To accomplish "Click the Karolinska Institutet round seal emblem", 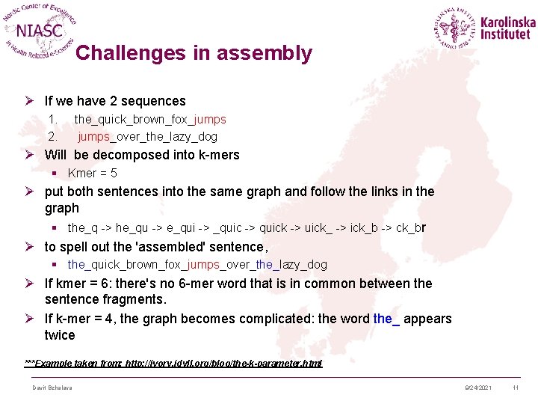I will [x=454, y=29].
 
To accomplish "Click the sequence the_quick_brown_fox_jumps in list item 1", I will [x=149, y=119].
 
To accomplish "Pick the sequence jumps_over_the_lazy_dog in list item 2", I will [x=147, y=136].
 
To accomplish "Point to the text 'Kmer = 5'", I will [x=93, y=173].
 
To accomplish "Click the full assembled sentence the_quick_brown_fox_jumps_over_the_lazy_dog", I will [x=197, y=264].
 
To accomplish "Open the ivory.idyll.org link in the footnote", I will [x=224, y=363].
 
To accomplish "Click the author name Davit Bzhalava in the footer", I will [x=52, y=388].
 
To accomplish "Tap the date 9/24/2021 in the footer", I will [x=477, y=388].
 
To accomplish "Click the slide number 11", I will [x=515, y=388].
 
